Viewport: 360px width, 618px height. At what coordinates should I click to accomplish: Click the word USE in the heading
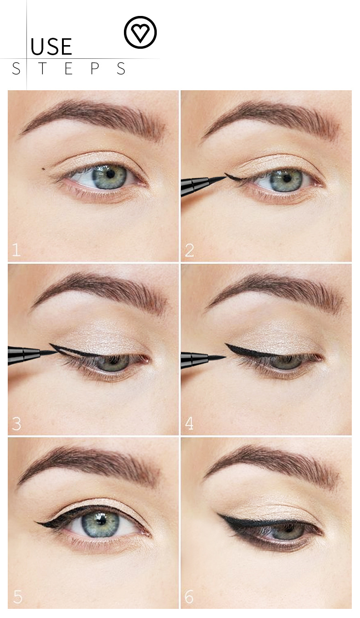point(51,46)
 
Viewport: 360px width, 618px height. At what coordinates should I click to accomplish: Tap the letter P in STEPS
point(95,68)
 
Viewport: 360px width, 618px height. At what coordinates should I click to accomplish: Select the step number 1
point(16,249)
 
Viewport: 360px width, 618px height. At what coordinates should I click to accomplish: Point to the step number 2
point(190,250)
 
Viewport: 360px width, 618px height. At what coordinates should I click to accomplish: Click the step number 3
point(16,423)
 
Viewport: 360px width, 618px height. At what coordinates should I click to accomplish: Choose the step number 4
point(189,423)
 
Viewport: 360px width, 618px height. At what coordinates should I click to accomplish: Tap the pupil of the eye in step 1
point(111,174)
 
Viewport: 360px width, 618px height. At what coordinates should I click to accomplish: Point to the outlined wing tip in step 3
point(51,344)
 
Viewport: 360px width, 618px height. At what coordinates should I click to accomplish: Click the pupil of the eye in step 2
point(287,179)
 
